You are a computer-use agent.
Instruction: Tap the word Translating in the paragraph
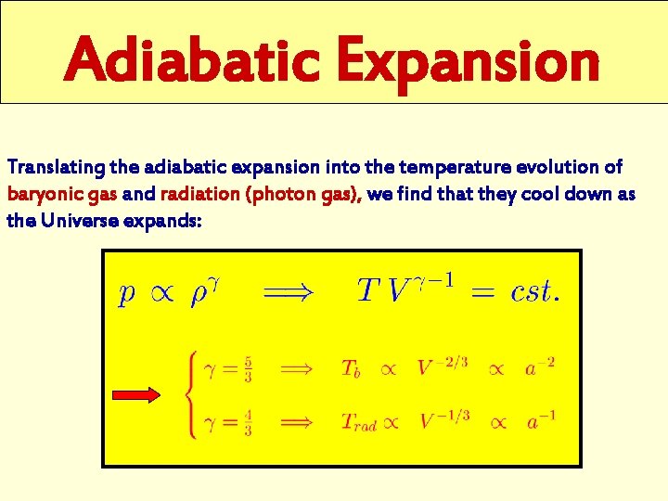[x=56, y=167]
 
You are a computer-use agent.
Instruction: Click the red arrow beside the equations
[x=143, y=395]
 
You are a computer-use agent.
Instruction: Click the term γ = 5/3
[x=228, y=368]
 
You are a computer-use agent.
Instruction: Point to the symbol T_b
[x=352, y=369]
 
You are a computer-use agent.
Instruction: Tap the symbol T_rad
[x=358, y=423]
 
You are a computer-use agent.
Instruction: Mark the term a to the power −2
[x=538, y=367]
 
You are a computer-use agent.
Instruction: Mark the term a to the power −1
[x=538, y=421]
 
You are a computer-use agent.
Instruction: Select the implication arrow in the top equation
[x=289, y=292]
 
